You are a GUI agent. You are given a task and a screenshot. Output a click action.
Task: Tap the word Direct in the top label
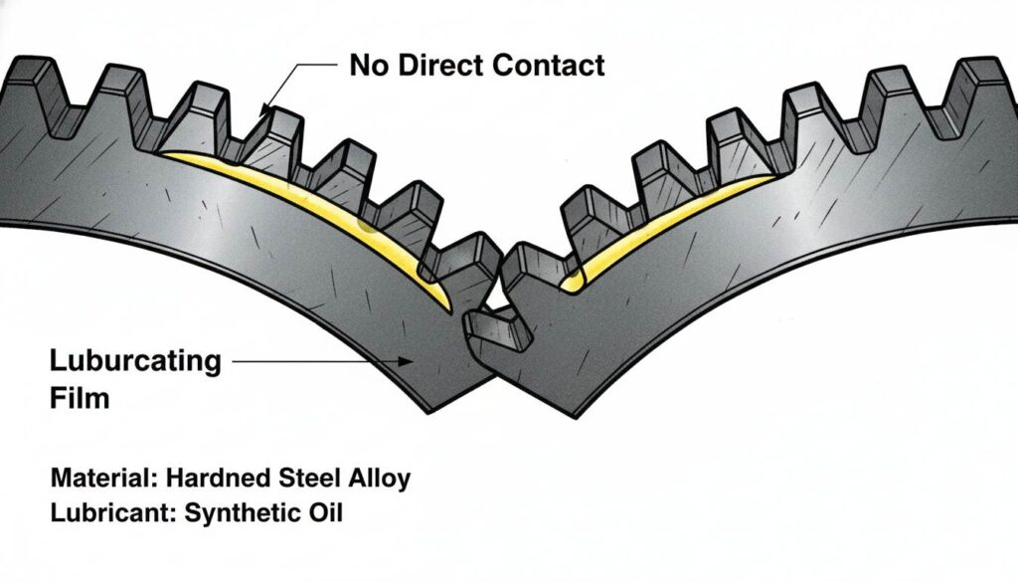433,67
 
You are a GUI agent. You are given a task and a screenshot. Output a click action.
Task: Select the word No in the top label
367,67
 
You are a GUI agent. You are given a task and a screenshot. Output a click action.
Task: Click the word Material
98,479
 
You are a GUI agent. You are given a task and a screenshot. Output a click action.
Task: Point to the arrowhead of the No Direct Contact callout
264,111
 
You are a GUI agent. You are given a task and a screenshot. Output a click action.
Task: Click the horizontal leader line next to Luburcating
318,361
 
